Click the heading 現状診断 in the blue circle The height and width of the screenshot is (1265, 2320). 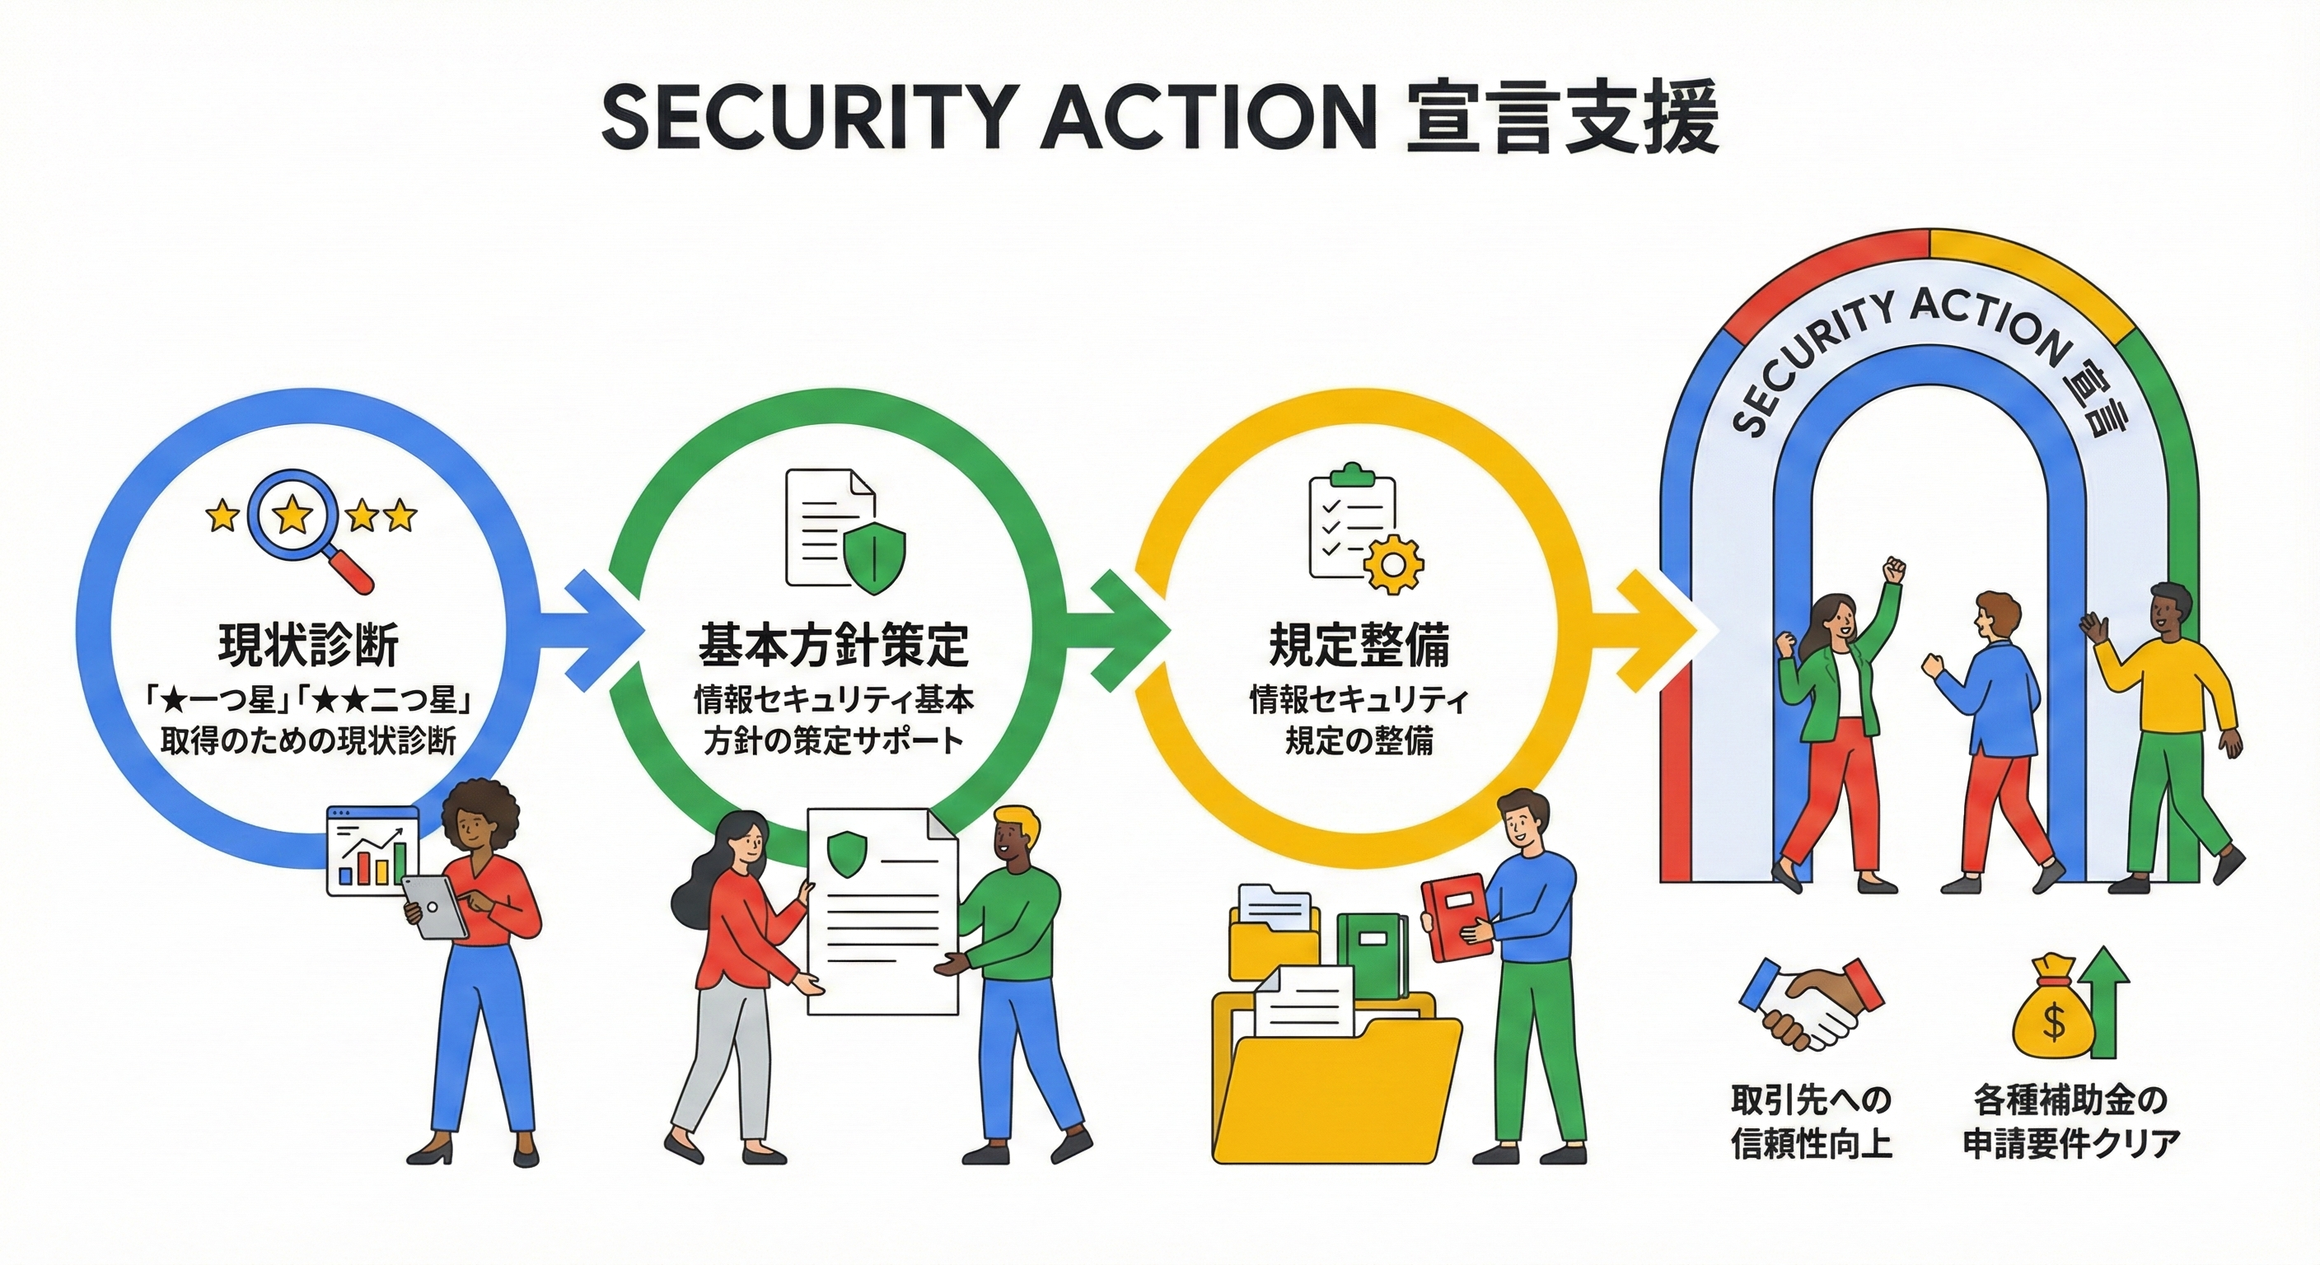pyautogui.click(x=309, y=645)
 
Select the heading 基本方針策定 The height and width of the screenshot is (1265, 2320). pyautogui.click(x=833, y=645)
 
